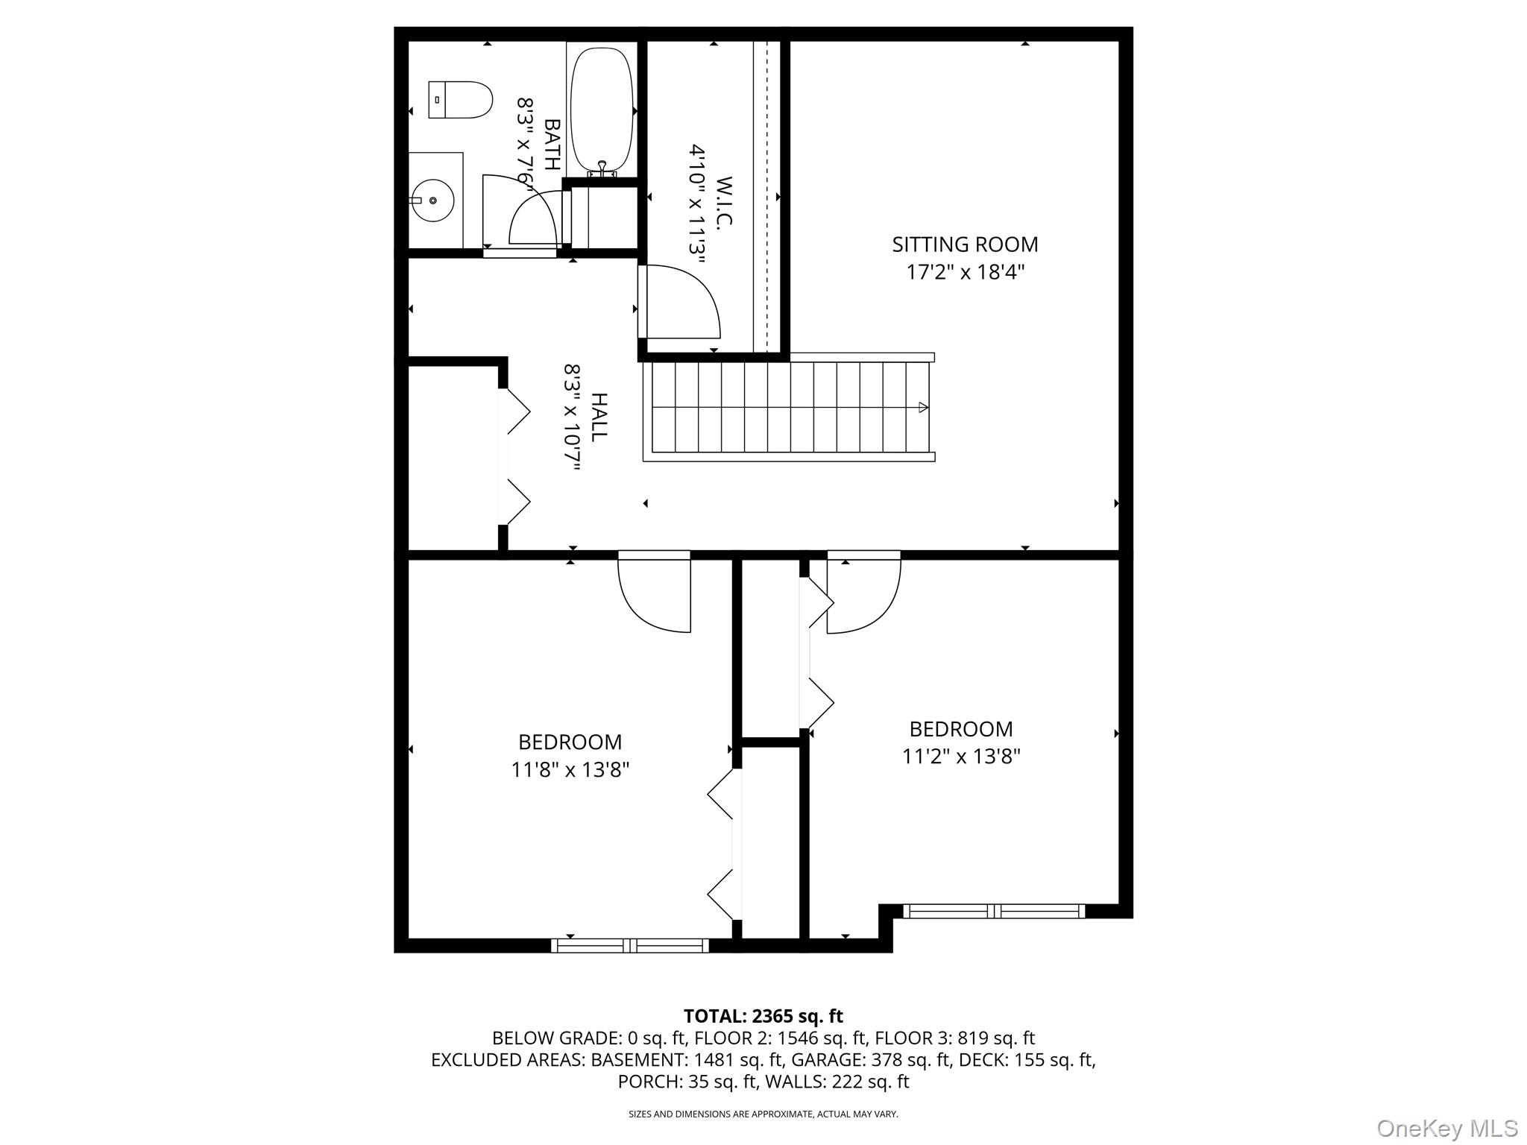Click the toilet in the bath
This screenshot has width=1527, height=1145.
461,100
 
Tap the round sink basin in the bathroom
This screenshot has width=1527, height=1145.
432,200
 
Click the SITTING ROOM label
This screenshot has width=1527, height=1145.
965,245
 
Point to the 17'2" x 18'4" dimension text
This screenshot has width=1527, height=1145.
965,272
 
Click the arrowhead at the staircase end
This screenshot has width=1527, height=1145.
923,408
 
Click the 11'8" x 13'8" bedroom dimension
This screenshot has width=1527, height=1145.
570,769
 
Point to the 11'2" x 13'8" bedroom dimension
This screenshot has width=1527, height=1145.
960,757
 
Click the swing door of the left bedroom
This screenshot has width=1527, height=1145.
655,594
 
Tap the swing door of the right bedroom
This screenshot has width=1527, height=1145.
863,594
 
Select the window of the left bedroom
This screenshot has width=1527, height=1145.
630,945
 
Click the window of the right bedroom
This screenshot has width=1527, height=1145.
994,910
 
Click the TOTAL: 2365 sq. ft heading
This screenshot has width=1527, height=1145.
763,1016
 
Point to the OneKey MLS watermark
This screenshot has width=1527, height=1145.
1447,1128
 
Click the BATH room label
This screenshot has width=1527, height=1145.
552,145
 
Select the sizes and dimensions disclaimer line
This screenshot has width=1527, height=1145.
763,1114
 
